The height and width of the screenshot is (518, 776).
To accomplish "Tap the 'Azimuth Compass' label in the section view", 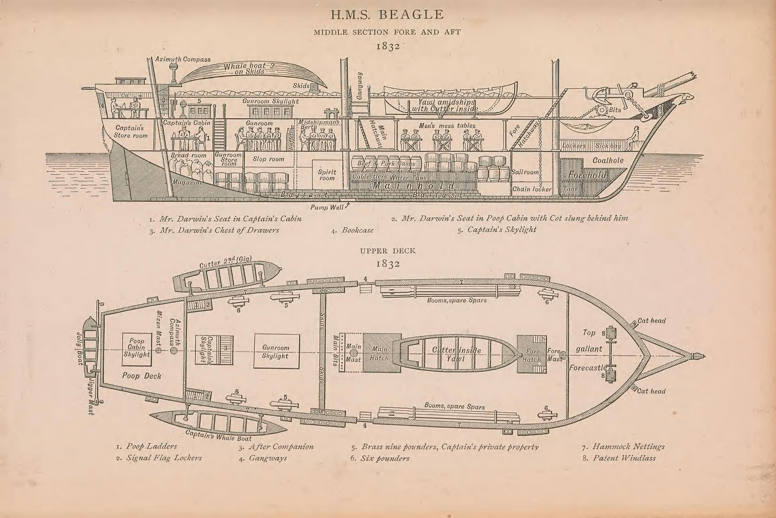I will tap(183, 59).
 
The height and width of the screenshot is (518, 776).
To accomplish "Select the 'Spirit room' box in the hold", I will tap(327, 175).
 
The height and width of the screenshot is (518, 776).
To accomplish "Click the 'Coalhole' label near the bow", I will tap(608, 161).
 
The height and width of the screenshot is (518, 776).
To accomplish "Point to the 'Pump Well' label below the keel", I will tap(327, 207).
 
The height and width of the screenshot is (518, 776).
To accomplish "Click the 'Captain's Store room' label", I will tap(131, 132).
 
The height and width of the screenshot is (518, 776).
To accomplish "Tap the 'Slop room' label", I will tap(268, 159).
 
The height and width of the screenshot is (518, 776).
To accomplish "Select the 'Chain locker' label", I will tap(532, 189).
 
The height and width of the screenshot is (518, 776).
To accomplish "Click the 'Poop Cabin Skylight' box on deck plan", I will tap(137, 349).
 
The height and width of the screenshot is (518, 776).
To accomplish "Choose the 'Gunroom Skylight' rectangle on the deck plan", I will tap(276, 351).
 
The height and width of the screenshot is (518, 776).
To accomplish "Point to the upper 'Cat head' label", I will tap(651, 321).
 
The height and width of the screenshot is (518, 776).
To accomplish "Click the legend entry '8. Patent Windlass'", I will tap(619, 458).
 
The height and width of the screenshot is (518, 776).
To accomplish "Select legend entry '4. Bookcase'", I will tap(353, 230).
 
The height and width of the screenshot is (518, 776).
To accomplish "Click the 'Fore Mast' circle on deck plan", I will tap(563, 355).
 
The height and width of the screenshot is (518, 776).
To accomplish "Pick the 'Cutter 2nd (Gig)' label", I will tap(226, 262).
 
